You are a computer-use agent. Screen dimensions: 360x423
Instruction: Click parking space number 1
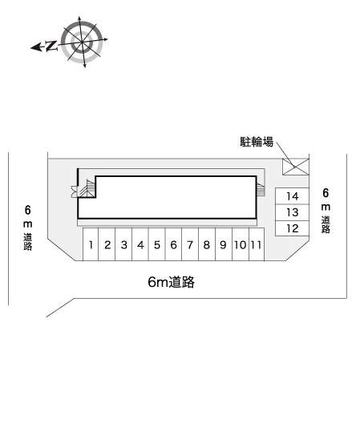point(91,244)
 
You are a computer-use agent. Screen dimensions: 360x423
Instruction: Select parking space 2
point(107,244)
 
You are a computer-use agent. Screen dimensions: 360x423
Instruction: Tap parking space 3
point(123,244)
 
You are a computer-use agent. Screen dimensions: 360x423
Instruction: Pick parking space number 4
point(140,244)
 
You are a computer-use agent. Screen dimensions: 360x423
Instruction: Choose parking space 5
point(157,244)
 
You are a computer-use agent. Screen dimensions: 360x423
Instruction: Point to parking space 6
point(174,244)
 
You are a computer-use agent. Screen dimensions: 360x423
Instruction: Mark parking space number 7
point(190,244)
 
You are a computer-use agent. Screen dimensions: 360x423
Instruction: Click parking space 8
point(207,244)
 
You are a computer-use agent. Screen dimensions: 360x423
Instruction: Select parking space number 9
point(224,244)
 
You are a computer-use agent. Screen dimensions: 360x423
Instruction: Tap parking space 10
point(241,244)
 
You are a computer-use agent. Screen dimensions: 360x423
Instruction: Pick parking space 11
point(257,244)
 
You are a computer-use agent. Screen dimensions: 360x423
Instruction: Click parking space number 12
point(292,228)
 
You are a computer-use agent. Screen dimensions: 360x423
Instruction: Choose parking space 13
point(292,212)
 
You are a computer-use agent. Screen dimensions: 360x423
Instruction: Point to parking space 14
point(292,196)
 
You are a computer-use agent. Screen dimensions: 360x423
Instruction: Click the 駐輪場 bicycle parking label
point(257,142)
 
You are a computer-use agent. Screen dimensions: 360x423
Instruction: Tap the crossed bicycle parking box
point(295,167)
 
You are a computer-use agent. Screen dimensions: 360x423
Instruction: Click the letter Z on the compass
point(51,46)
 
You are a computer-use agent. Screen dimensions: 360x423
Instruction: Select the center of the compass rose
point(82,42)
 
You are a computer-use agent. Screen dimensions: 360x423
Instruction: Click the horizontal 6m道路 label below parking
point(172,282)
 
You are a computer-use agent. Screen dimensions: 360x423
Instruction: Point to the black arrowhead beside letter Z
point(36,47)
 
